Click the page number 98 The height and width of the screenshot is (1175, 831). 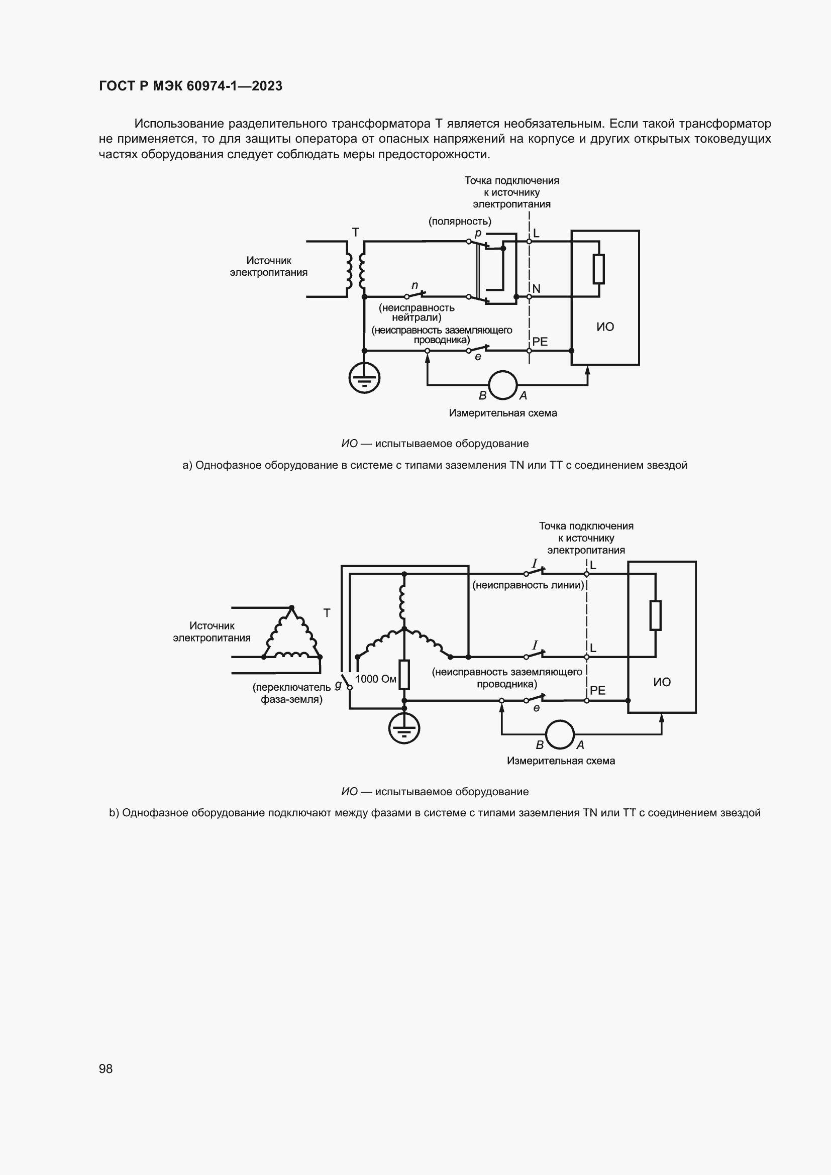pyautogui.click(x=106, y=1069)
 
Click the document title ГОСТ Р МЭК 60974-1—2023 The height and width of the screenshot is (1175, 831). pyautogui.click(x=190, y=86)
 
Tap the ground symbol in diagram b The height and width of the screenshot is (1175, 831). pyautogui.click(x=404, y=729)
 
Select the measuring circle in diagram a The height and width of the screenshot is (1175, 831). pyautogui.click(x=502, y=385)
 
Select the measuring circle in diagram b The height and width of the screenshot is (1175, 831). pyautogui.click(x=560, y=734)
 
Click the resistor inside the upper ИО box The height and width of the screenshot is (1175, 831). pyautogui.click(x=599, y=269)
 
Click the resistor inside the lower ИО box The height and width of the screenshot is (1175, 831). pyautogui.click(x=656, y=615)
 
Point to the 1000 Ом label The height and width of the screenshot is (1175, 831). pyautogui.click(x=376, y=679)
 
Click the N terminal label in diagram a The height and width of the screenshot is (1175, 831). pyautogui.click(x=536, y=289)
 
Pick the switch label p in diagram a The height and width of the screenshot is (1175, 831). pyautogui.click(x=478, y=234)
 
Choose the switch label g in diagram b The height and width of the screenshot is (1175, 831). pyautogui.click(x=338, y=685)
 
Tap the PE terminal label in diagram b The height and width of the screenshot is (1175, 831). pyautogui.click(x=597, y=690)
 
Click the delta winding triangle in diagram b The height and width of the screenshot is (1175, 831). pyautogui.click(x=292, y=634)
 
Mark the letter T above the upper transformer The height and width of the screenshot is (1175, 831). pyautogui.click(x=356, y=233)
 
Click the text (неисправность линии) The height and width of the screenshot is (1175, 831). pyautogui.click(x=528, y=585)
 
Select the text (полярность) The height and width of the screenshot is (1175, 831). pyautogui.click(x=460, y=221)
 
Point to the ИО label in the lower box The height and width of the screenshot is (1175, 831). pyautogui.click(x=662, y=682)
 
